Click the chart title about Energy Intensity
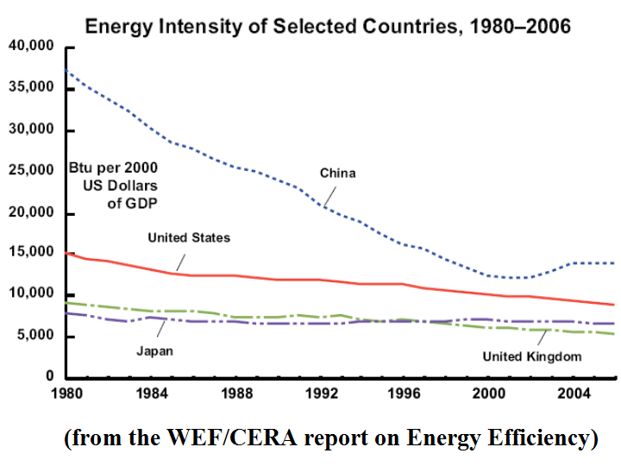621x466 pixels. click(328, 25)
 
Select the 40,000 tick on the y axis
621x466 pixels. click(31, 46)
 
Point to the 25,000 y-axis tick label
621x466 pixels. click(31, 171)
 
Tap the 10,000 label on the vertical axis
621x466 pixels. click(31, 294)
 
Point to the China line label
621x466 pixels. click(337, 173)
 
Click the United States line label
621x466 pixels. click(189, 237)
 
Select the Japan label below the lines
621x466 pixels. click(154, 350)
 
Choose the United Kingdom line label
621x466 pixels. click(531, 356)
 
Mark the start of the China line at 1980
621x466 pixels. click(66, 70)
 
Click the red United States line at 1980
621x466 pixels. click(66, 253)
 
